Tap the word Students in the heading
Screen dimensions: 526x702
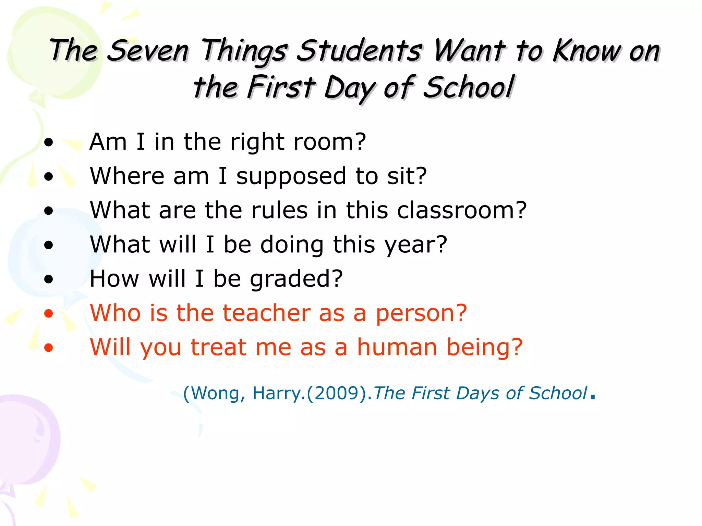click(x=359, y=51)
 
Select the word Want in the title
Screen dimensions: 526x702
click(x=470, y=51)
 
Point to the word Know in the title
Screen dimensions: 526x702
click(x=587, y=51)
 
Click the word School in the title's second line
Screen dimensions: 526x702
click(x=469, y=87)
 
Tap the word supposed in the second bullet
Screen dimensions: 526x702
click(x=291, y=177)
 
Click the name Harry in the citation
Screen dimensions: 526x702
click(x=276, y=393)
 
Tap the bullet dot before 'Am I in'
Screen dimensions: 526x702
click(x=49, y=142)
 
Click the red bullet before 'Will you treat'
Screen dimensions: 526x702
click(x=49, y=348)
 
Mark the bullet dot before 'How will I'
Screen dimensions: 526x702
click(x=49, y=279)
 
